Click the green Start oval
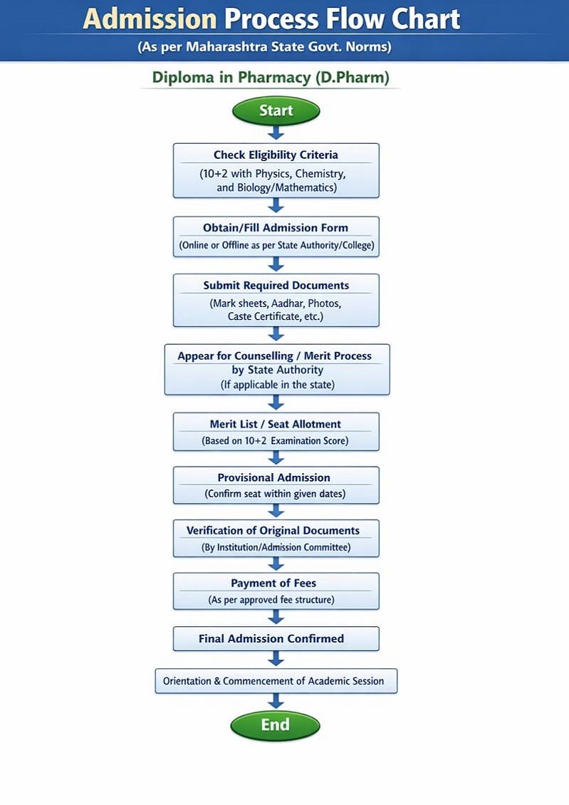click(x=276, y=111)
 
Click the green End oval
click(x=275, y=725)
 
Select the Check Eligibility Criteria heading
click(x=276, y=155)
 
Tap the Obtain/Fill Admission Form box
click(x=276, y=237)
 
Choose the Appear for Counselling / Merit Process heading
click(x=275, y=355)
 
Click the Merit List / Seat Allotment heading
click(x=276, y=424)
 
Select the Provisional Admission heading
click(x=274, y=477)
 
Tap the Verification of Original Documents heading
click(x=273, y=531)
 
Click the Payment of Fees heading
click(x=273, y=583)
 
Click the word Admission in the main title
click(x=150, y=19)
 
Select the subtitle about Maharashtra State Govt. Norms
click(x=265, y=48)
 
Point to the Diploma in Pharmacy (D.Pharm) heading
click(x=271, y=77)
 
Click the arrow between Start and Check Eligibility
click(x=276, y=133)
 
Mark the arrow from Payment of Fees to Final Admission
click(x=276, y=617)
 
